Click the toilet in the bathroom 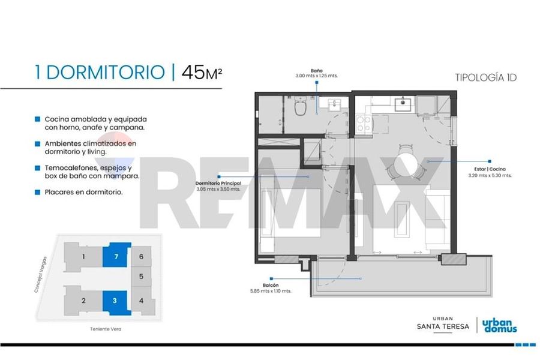(301, 106)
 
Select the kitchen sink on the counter (402, 104)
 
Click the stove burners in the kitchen (364, 124)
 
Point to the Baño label (316, 71)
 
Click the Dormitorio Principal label (218, 183)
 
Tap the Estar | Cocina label (490, 169)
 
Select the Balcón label (271, 285)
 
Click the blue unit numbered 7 (116, 255)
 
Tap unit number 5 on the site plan (141, 277)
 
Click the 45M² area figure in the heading (202, 73)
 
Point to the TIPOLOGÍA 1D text (486, 77)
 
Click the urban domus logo (499, 326)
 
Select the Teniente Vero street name (106, 329)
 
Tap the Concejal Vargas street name (40, 275)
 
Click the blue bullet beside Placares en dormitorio (38, 192)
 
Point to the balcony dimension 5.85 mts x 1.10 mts (271, 291)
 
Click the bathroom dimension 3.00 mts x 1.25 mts (316, 76)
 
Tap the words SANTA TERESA (443, 326)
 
